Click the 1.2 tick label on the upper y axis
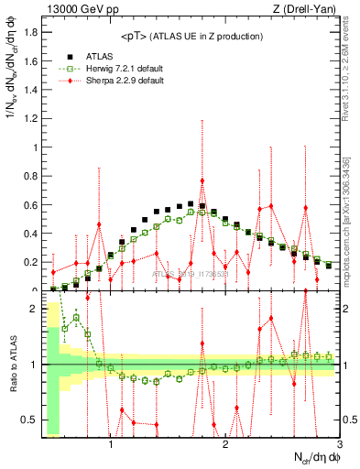[31, 118]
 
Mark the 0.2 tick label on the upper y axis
[31, 262]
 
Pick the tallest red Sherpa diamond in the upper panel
[202, 181]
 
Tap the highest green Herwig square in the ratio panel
[76, 318]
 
